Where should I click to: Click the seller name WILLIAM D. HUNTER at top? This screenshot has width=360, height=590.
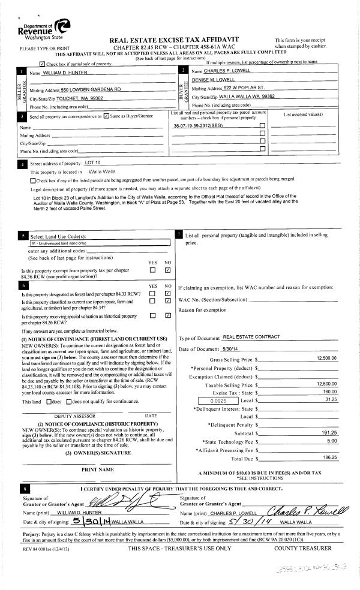coord(65,72)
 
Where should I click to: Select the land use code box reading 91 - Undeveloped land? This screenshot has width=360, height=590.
coord(100,243)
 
